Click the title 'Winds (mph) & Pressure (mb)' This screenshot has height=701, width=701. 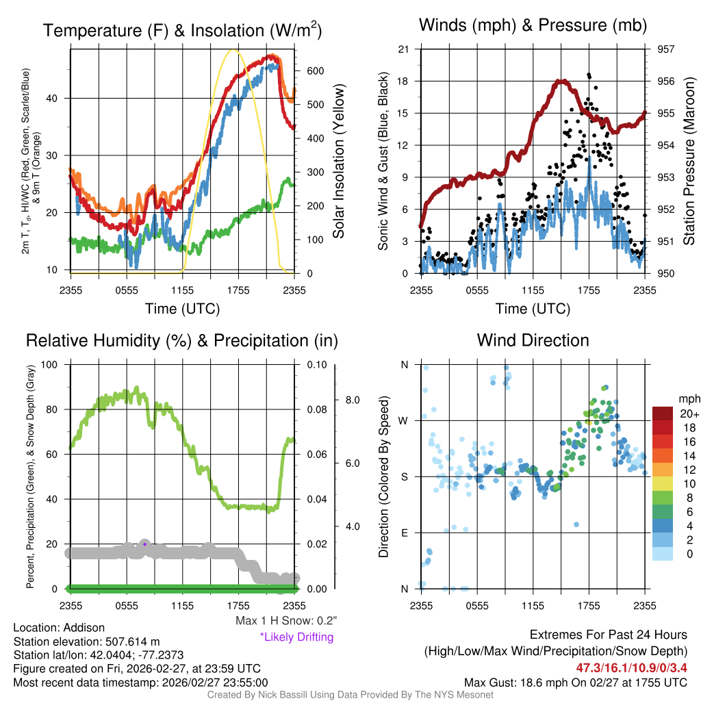pos(533,26)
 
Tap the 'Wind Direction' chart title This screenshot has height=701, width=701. pos(533,340)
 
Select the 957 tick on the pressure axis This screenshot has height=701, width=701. pos(665,49)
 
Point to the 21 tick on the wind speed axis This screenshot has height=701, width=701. pos(403,49)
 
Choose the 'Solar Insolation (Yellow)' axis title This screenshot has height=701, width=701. pos(338,162)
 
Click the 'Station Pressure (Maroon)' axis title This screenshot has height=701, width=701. pos(689,162)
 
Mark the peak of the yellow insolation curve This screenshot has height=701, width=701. pos(233,50)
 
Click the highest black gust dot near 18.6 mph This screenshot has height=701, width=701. pos(589,75)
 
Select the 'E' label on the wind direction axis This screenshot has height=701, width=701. pos(404,533)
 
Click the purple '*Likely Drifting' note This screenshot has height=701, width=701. pos(296,637)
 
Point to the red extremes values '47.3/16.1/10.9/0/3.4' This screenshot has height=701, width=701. pos(632,667)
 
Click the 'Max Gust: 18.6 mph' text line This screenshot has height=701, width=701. pos(576,682)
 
